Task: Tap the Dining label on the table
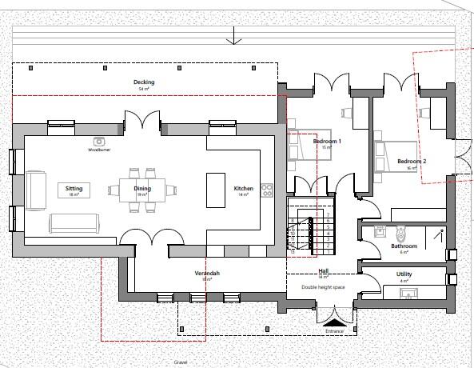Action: click(142, 190)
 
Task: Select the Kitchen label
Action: click(243, 190)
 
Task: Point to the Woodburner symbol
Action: click(100, 142)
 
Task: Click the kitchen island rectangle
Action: click(213, 190)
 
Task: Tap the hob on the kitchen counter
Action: click(267, 190)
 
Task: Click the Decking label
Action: click(144, 82)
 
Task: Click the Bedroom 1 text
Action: click(327, 142)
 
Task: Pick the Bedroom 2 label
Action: click(412, 162)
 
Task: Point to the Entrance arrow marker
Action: click(334, 321)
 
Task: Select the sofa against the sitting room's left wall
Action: click(36, 190)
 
